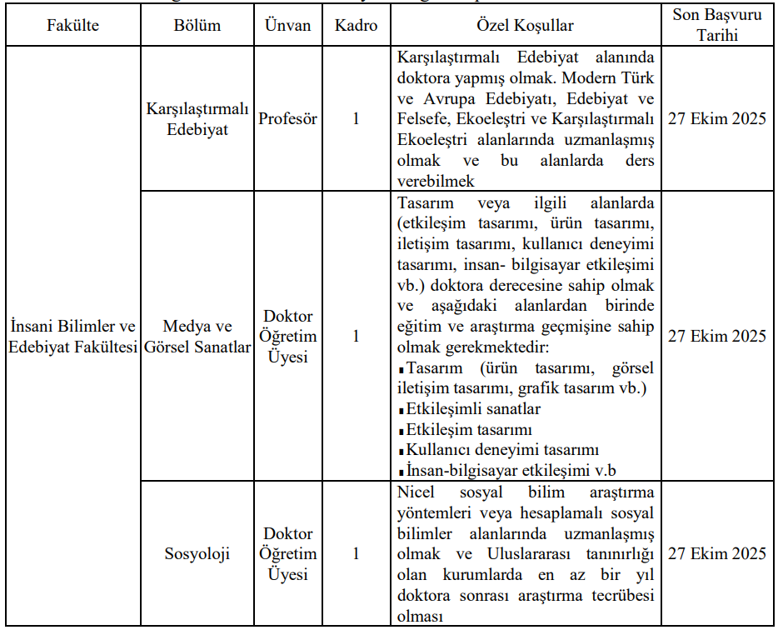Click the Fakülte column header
pyautogui.click(x=72, y=26)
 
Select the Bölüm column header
pyautogui.click(x=197, y=26)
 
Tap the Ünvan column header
pyautogui.click(x=287, y=26)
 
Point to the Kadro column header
pyautogui.click(x=356, y=26)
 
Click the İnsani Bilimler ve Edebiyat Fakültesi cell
pyautogui.click(x=72, y=336)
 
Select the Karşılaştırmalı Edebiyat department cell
pyautogui.click(x=197, y=119)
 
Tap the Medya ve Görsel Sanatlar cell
pyautogui.click(x=197, y=336)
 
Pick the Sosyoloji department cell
pyautogui.click(x=197, y=553)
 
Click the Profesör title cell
pyautogui.click(x=287, y=119)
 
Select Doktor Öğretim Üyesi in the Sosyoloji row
pyautogui.click(x=287, y=553)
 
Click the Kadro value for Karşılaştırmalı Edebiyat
pyautogui.click(x=356, y=119)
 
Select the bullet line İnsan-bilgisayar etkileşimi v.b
pyautogui.click(x=511, y=469)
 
